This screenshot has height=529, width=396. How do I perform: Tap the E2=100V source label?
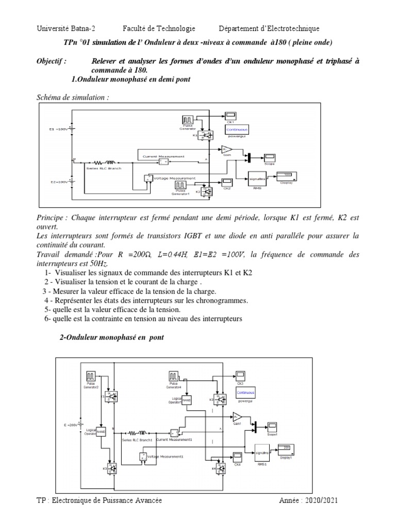point(55,182)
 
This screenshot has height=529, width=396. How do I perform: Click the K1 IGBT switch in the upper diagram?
point(207,135)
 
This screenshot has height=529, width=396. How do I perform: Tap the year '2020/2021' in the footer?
point(322,501)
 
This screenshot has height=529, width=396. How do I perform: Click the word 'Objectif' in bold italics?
point(51,61)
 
